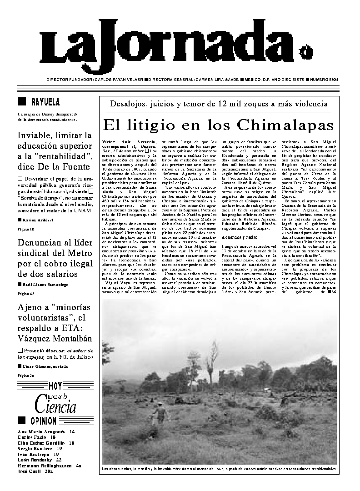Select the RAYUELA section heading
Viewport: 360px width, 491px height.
[45, 101]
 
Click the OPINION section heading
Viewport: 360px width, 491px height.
[44, 421]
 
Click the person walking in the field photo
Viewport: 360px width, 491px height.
[160, 413]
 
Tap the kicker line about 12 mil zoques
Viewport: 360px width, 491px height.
[219, 104]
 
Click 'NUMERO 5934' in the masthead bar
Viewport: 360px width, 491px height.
[327, 80]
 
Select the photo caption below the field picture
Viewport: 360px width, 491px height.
[219, 468]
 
